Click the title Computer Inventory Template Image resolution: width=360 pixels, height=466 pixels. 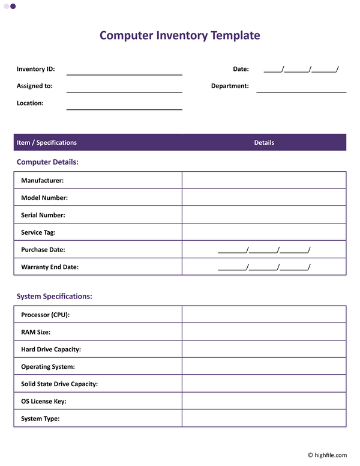click(179, 35)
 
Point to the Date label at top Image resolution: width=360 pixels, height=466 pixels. click(241, 69)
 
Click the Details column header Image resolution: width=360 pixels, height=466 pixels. click(264, 142)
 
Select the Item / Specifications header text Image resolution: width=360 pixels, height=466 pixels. click(47, 142)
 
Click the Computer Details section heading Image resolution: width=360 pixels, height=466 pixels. click(47, 162)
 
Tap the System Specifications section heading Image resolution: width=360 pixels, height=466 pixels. click(54, 296)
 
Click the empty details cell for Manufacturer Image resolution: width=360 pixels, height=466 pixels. click(264, 180)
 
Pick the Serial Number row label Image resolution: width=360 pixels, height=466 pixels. click(43, 215)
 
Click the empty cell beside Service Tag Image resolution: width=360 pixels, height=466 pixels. click(264, 232)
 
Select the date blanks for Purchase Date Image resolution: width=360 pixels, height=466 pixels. click(264, 250)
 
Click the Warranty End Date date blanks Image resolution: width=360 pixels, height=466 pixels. click(264, 267)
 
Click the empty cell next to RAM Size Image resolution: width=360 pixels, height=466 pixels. click(264, 331)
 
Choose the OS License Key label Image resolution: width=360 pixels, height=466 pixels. click(44, 401)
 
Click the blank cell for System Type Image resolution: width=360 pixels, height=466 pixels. click(264, 419)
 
